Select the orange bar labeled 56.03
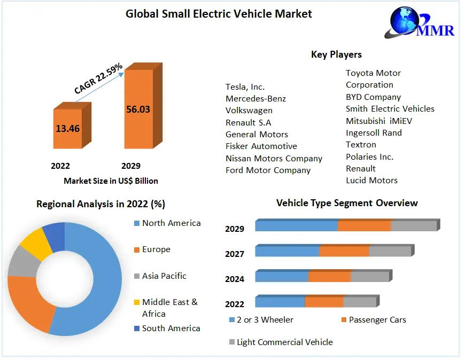pyautogui.click(x=138, y=109)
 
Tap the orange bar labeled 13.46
pyautogui.click(x=67, y=128)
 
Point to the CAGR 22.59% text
pyautogui.click(x=98, y=79)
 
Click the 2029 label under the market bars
pyautogui.click(x=130, y=166)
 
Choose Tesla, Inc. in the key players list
pyautogui.click(x=245, y=87)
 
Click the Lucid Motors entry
pyautogui.click(x=371, y=180)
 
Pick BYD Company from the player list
pyautogui.click(x=373, y=97)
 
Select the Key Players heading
pyautogui.click(x=336, y=54)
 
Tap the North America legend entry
pyautogui.click(x=171, y=223)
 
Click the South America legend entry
pyautogui.click(x=171, y=328)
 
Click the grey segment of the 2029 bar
pyautogui.click(x=414, y=225)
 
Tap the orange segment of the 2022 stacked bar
pyautogui.click(x=324, y=302)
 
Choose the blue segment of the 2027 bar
pyautogui.click(x=287, y=251)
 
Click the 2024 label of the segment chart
pyautogui.click(x=235, y=279)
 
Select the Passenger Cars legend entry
pyautogui.click(x=377, y=319)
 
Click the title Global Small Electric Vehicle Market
pyautogui.click(x=219, y=14)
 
